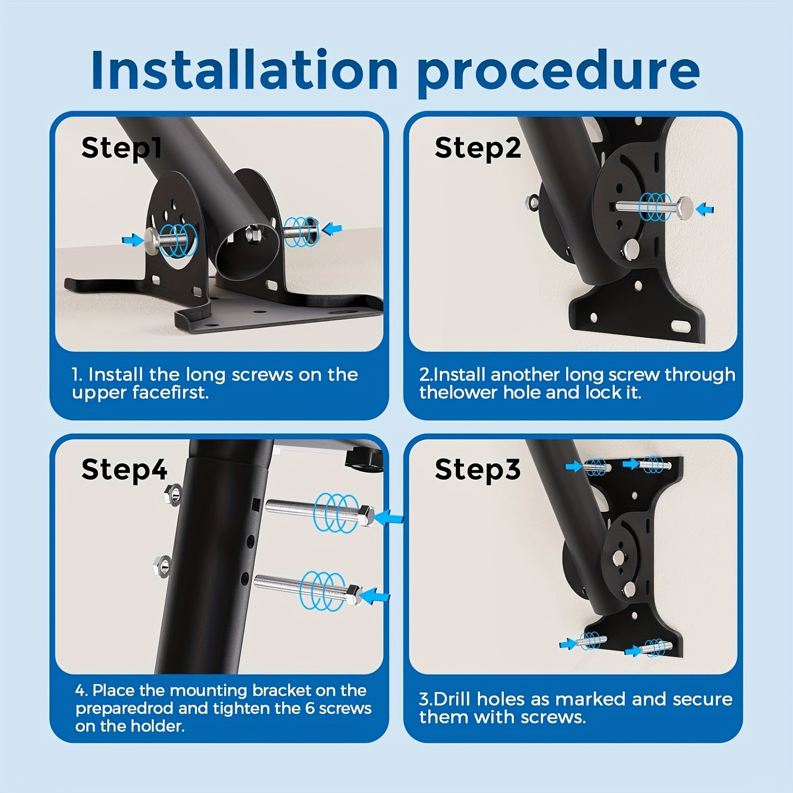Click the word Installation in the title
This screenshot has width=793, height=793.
[244, 70]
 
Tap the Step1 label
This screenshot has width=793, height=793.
[121, 148]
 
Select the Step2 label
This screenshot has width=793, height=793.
[477, 148]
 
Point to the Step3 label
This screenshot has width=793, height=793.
[477, 469]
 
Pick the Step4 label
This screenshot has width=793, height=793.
[124, 469]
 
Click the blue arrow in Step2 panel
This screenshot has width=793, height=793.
[705, 209]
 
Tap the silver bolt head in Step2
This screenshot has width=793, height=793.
[685, 207]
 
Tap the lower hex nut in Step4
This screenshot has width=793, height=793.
[162, 566]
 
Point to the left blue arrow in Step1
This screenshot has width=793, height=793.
[133, 241]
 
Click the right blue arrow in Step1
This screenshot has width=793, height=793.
[332, 229]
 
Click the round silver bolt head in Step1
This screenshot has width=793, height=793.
[152, 242]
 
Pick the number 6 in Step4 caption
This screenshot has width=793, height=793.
[310, 708]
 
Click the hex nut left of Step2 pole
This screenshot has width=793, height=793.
[533, 202]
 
